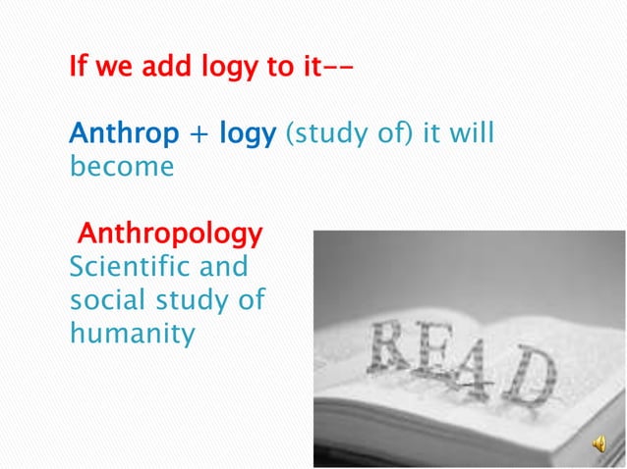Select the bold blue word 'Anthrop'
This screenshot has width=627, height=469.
(124, 133)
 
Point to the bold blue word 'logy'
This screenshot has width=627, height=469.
(247, 135)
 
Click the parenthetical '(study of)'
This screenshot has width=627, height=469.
(349, 134)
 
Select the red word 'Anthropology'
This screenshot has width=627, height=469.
(170, 234)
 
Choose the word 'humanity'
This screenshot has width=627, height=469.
(133, 334)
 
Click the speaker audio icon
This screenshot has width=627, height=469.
(598, 444)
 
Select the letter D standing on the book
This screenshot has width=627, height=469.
(536, 378)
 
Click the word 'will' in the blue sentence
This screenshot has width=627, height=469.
(471, 133)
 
